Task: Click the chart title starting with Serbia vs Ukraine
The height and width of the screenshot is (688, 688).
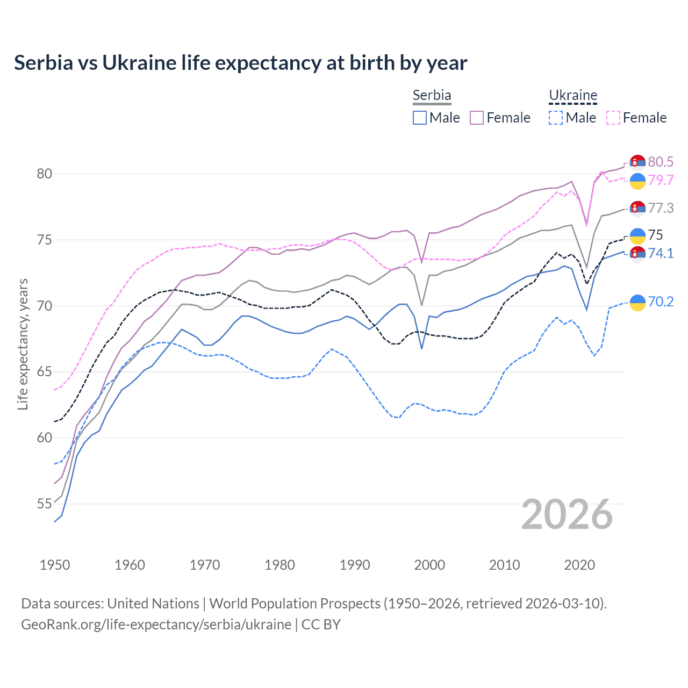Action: [x=240, y=63]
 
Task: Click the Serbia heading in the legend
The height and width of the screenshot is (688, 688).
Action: [x=432, y=95]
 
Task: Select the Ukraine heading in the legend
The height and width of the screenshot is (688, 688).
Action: [x=573, y=96]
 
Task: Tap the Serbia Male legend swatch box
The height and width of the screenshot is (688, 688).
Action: [x=420, y=118]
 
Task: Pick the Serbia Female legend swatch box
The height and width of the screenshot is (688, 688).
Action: [x=477, y=118]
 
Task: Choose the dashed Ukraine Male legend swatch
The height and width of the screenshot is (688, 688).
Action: [x=556, y=118]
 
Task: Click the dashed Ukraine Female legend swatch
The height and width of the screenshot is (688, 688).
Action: [x=613, y=118]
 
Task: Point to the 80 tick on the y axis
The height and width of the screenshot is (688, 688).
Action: [x=45, y=174]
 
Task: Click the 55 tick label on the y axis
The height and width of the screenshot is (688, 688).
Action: [x=45, y=504]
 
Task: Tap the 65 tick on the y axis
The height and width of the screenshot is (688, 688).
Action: [x=45, y=372]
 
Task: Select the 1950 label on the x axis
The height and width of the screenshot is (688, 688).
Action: [x=55, y=565]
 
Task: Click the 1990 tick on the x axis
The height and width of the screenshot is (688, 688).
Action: [x=355, y=565]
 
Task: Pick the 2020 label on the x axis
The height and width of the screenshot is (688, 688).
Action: [x=579, y=565]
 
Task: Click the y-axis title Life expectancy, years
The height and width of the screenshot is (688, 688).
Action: [x=23, y=344]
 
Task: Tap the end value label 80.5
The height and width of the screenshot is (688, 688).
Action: [x=661, y=162]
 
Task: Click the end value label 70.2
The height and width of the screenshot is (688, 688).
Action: [x=661, y=302]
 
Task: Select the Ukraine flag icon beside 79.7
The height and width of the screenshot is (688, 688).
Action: [x=637, y=181]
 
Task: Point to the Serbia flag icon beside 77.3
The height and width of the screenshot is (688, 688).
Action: [x=637, y=209]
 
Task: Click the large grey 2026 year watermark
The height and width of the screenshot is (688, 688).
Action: [x=567, y=514]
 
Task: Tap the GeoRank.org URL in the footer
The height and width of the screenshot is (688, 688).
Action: [x=156, y=625]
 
